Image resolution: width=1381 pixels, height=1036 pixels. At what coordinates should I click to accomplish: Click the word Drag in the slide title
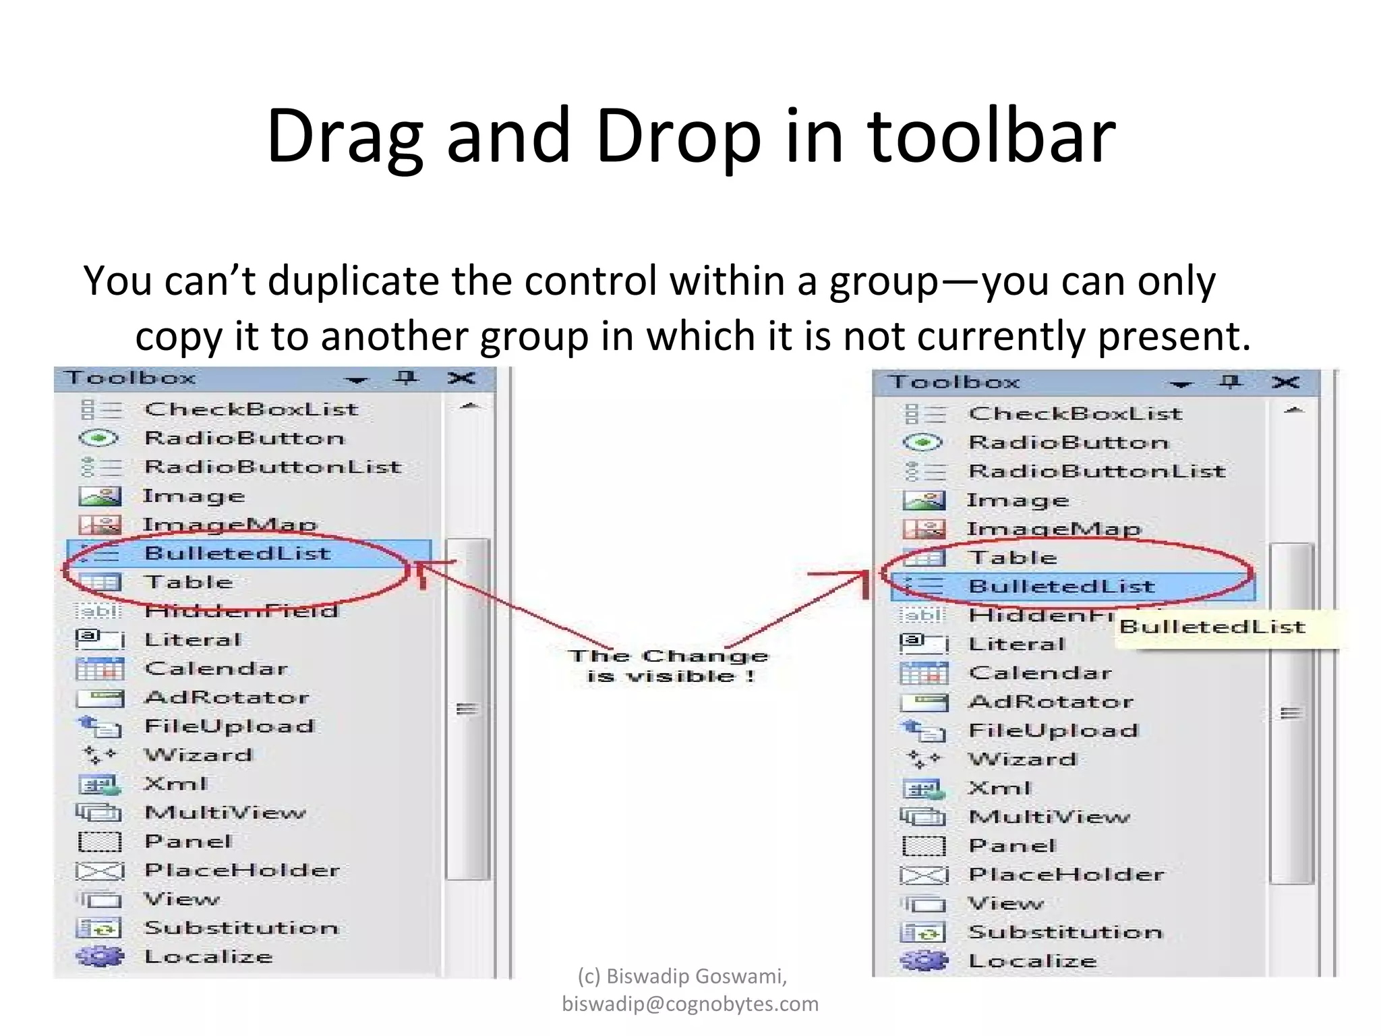click(344, 137)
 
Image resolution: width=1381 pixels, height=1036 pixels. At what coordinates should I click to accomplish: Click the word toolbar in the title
click(991, 137)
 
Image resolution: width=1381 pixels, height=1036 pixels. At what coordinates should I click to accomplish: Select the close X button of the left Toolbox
click(461, 378)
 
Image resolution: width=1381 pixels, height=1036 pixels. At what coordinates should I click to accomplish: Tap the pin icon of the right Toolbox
click(1230, 382)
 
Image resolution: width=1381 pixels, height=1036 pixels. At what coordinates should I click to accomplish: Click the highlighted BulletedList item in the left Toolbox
click(237, 553)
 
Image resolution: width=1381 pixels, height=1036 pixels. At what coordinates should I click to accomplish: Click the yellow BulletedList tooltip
click(1212, 627)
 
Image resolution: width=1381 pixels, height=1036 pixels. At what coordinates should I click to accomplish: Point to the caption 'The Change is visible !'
click(668, 666)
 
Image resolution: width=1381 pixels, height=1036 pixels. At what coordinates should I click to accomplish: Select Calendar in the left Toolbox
click(216, 668)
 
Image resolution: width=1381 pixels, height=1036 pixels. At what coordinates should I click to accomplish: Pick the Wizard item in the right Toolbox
click(1022, 759)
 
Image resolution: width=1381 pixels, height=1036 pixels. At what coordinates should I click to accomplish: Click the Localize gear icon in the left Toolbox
click(100, 956)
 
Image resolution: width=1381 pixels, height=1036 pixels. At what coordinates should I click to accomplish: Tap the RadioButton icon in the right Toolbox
click(922, 442)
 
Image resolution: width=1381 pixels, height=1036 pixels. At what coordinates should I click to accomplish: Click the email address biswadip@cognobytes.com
click(690, 1004)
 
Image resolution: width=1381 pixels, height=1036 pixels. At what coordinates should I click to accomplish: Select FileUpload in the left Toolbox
click(229, 726)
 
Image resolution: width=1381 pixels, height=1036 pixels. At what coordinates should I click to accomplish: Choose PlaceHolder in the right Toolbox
click(1066, 875)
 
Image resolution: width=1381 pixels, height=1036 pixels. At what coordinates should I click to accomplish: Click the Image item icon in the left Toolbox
click(100, 496)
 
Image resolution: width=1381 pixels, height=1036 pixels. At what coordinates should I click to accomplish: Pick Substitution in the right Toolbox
click(1065, 933)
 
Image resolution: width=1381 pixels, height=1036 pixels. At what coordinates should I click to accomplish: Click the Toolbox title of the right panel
click(954, 382)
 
